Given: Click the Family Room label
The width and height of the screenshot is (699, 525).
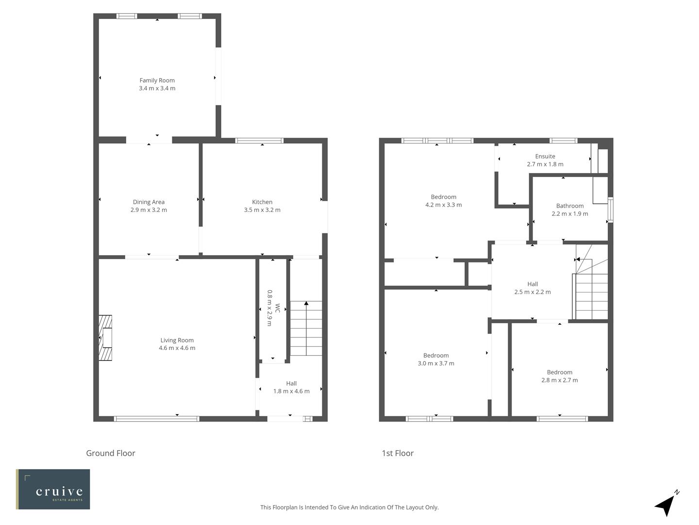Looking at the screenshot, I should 157,81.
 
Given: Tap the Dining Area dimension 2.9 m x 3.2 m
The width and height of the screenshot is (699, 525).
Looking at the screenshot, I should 149,210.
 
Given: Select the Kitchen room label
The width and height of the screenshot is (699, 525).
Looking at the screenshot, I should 262,202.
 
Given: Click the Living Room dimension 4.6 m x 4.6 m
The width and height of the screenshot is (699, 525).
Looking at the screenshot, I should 177,348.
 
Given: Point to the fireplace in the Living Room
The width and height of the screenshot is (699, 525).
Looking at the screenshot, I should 105,338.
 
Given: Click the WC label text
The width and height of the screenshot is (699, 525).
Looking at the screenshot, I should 277,308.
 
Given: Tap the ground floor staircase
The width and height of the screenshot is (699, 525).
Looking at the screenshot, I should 306,329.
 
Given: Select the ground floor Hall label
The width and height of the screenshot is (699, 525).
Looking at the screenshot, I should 291,384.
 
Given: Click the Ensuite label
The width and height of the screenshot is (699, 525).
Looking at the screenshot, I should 545,157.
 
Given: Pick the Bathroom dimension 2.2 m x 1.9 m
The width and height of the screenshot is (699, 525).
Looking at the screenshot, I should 570,214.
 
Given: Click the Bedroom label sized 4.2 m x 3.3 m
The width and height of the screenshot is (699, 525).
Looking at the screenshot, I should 443,197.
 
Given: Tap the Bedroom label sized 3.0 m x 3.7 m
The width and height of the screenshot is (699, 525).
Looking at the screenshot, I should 436,356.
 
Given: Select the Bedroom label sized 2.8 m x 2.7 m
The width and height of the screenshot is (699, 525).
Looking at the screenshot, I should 560,372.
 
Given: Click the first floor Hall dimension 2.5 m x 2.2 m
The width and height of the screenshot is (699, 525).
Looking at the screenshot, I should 533,292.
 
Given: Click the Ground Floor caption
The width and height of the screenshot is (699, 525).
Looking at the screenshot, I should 111,453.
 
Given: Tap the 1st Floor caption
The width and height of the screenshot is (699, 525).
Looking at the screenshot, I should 398,453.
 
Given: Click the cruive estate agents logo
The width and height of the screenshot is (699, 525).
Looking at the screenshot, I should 53,489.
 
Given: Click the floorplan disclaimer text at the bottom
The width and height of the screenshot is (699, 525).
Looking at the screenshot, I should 349,507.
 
